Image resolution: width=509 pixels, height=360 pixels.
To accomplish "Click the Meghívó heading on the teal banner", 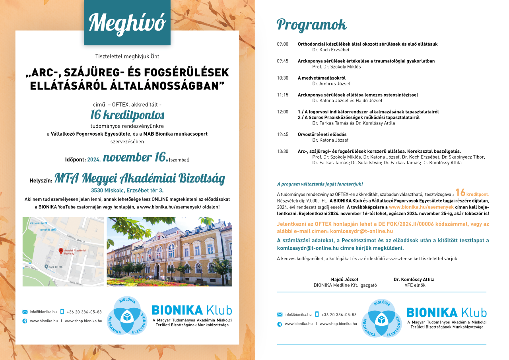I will click(x=127, y=23).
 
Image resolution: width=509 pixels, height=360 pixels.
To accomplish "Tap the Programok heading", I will click(x=311, y=25).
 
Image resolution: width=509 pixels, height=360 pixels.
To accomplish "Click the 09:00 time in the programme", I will click(x=282, y=44).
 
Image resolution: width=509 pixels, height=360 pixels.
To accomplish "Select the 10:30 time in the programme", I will click(x=282, y=78).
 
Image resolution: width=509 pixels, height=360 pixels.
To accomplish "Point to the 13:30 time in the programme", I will click(x=282, y=151).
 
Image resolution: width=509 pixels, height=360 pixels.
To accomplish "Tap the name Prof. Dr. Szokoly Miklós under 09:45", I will click(x=336, y=67).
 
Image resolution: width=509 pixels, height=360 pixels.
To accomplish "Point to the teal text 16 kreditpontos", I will click(x=127, y=115).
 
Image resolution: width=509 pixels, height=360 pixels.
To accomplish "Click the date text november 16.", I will click(x=135, y=158).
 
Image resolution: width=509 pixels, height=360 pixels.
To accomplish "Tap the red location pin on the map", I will click(x=61, y=251).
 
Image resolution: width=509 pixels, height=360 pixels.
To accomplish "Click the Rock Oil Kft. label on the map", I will click(x=57, y=267).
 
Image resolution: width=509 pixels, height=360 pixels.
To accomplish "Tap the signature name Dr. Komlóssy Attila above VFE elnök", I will click(x=414, y=279).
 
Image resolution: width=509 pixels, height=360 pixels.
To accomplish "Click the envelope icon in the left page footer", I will click(x=25, y=312).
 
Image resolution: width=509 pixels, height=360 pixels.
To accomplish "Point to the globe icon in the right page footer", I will click(x=279, y=324).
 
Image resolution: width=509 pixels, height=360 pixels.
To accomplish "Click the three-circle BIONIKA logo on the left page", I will click(x=127, y=315).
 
